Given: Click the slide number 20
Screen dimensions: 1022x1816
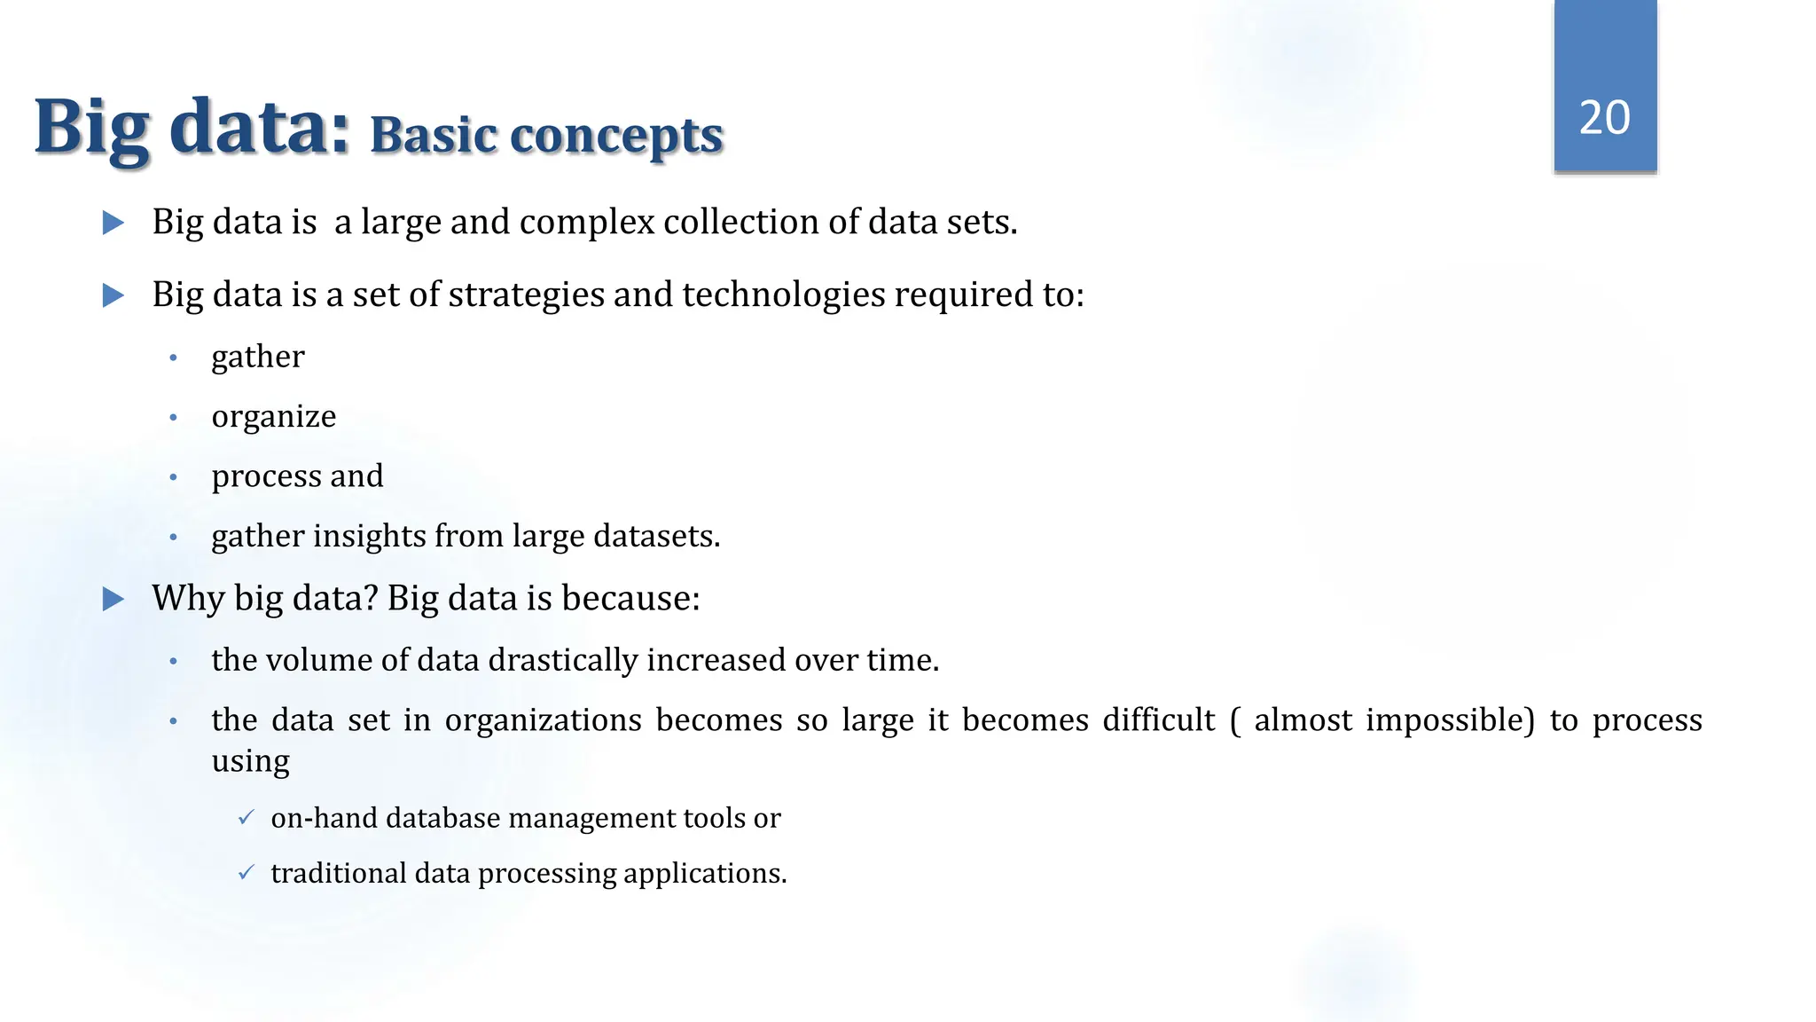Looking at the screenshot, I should pyautogui.click(x=1604, y=117).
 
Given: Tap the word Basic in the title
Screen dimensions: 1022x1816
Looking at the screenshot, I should pyautogui.click(x=433, y=136).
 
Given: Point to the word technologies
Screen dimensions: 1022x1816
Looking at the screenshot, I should pyautogui.click(x=783, y=295).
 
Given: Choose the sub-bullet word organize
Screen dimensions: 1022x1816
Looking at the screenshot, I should pyautogui.click(x=273, y=417).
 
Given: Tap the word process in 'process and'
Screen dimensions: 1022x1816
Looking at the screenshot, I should pyautogui.click(x=266, y=477).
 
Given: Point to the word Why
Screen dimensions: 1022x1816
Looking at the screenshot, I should pyautogui.click(x=188, y=599).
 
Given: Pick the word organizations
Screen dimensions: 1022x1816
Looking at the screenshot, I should pyautogui.click(x=543, y=719).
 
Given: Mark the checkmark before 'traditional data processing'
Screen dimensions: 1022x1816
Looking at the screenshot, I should pyautogui.click(x=247, y=873).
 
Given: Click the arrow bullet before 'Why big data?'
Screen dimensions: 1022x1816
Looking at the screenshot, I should pyautogui.click(x=113, y=599).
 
